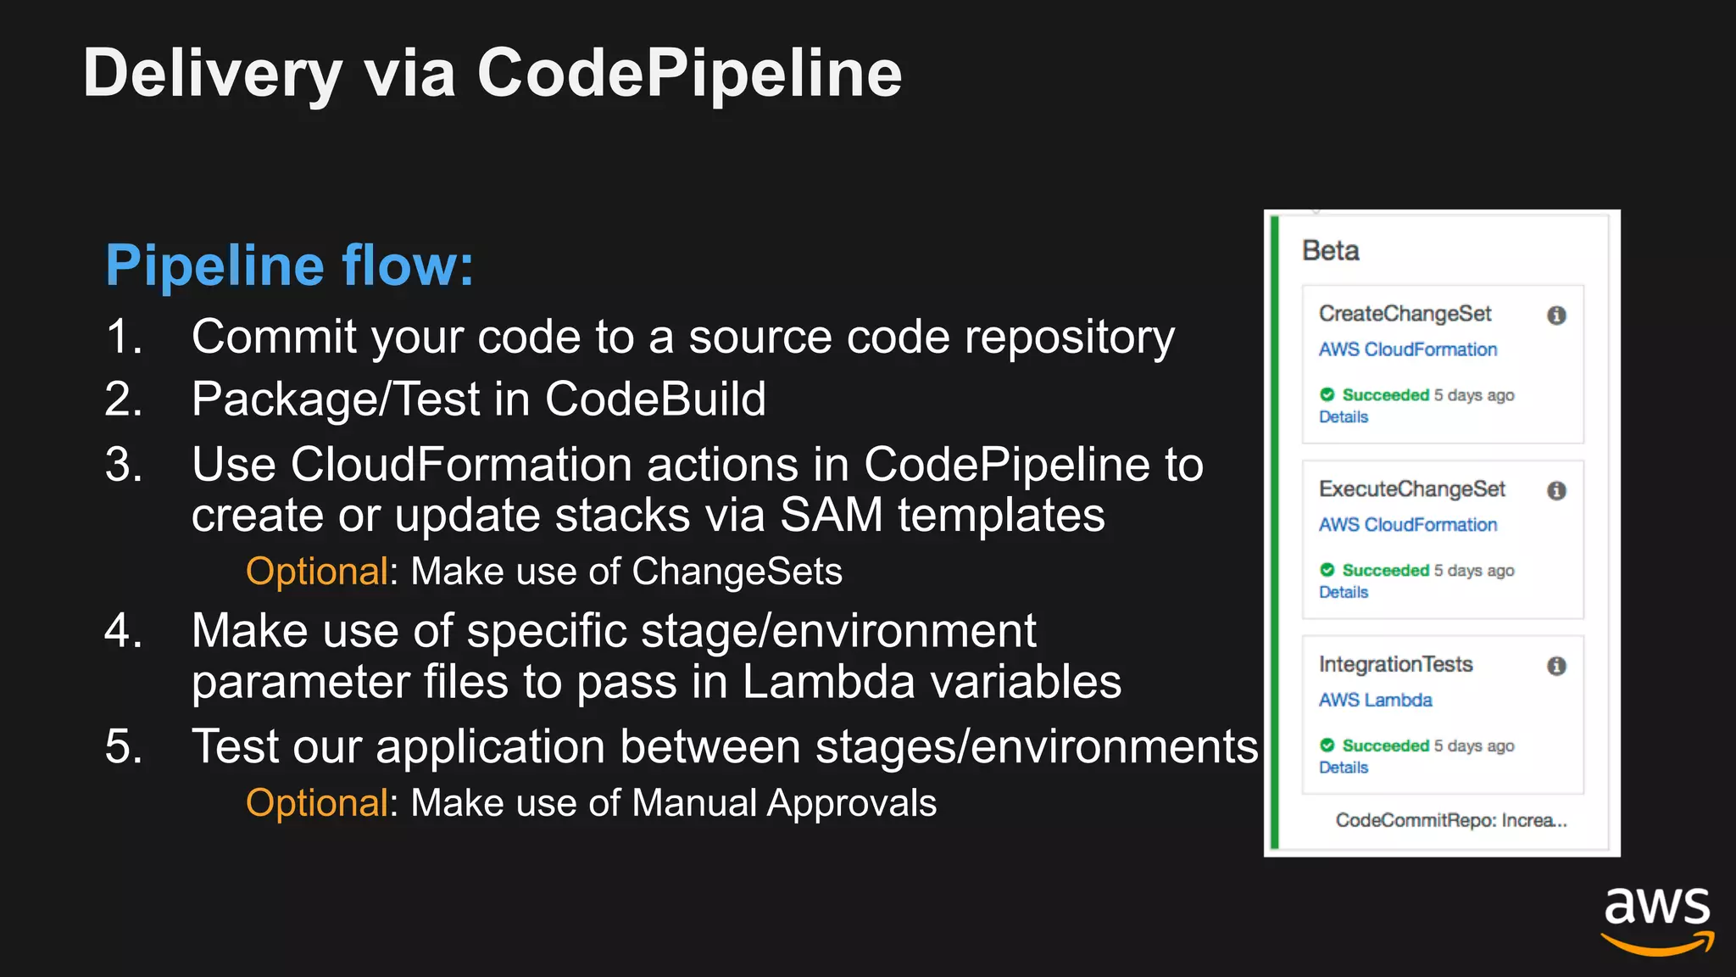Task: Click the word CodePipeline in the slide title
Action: pos(689,75)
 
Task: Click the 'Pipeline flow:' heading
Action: pos(289,265)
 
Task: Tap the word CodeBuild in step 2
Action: pos(655,399)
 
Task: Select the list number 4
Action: pos(124,631)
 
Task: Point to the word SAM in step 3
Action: pos(831,515)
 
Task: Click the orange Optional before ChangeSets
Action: pos(317,572)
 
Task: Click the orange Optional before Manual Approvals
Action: pos(317,803)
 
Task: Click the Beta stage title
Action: pos(1330,251)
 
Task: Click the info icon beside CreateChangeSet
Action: pos(1556,315)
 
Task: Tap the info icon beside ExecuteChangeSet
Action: pos(1556,491)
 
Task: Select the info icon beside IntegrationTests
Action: pos(1556,667)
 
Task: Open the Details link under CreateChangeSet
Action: pos(1344,417)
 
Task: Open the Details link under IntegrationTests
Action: pos(1344,768)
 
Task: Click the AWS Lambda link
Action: pos(1375,701)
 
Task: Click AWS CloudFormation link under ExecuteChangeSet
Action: pos(1408,525)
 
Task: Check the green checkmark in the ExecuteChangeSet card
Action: pos(1327,570)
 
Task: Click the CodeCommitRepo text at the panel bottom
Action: pos(1450,820)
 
